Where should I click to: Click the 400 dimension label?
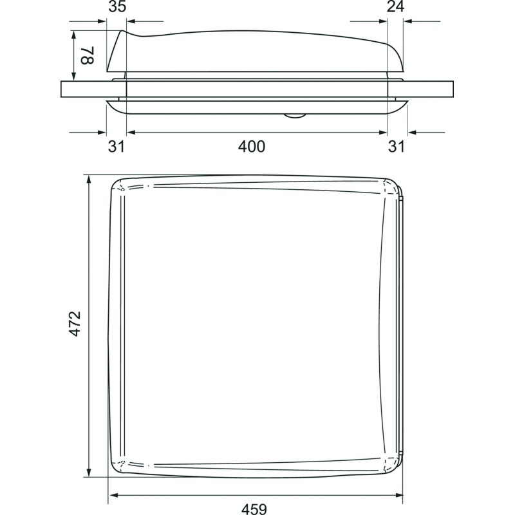[x=252, y=147]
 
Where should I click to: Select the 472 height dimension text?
[x=75, y=323]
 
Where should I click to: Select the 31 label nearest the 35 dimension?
[x=116, y=147]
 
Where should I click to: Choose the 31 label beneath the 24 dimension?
[x=397, y=147]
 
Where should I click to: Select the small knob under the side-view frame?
[x=295, y=116]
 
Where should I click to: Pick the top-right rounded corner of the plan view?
[x=392, y=187]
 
